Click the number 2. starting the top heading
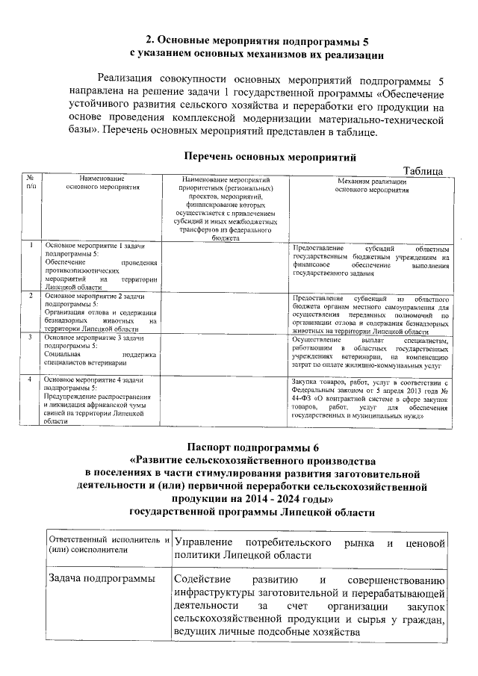point(150,40)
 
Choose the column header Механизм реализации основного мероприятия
point(371,185)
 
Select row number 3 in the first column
point(31,338)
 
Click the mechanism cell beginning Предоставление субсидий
point(371,261)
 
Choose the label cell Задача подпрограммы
point(101,578)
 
